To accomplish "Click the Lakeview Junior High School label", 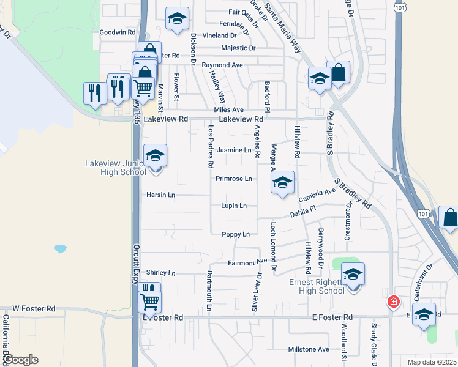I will click(115, 168).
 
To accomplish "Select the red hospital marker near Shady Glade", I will click(392, 302).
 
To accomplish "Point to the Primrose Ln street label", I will click(234, 179).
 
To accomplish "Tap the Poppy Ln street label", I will click(236, 234).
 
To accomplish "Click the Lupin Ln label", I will click(234, 206).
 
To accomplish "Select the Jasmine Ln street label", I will click(235, 150).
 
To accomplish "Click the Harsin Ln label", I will click(160, 195).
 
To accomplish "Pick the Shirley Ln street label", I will click(160, 273).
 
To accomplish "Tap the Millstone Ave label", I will click(309, 350).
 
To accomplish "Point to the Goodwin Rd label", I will click(117, 32).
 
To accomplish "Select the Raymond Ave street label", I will click(223, 65).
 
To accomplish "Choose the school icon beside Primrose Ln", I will click(282, 183).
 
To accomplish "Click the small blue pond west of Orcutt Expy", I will click(60, 249).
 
